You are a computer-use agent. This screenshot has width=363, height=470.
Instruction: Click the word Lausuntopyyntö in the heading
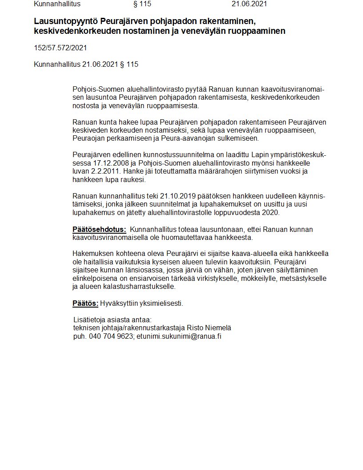[x=65, y=21]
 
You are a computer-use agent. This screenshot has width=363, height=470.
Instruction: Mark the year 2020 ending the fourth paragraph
[x=270, y=212]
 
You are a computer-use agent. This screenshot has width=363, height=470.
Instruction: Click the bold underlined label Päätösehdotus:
[x=99, y=230]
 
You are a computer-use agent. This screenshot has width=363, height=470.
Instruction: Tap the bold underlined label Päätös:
[x=85, y=304]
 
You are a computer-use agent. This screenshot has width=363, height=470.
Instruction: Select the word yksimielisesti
[x=161, y=304]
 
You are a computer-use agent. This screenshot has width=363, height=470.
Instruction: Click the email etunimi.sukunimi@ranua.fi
[x=179, y=336]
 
